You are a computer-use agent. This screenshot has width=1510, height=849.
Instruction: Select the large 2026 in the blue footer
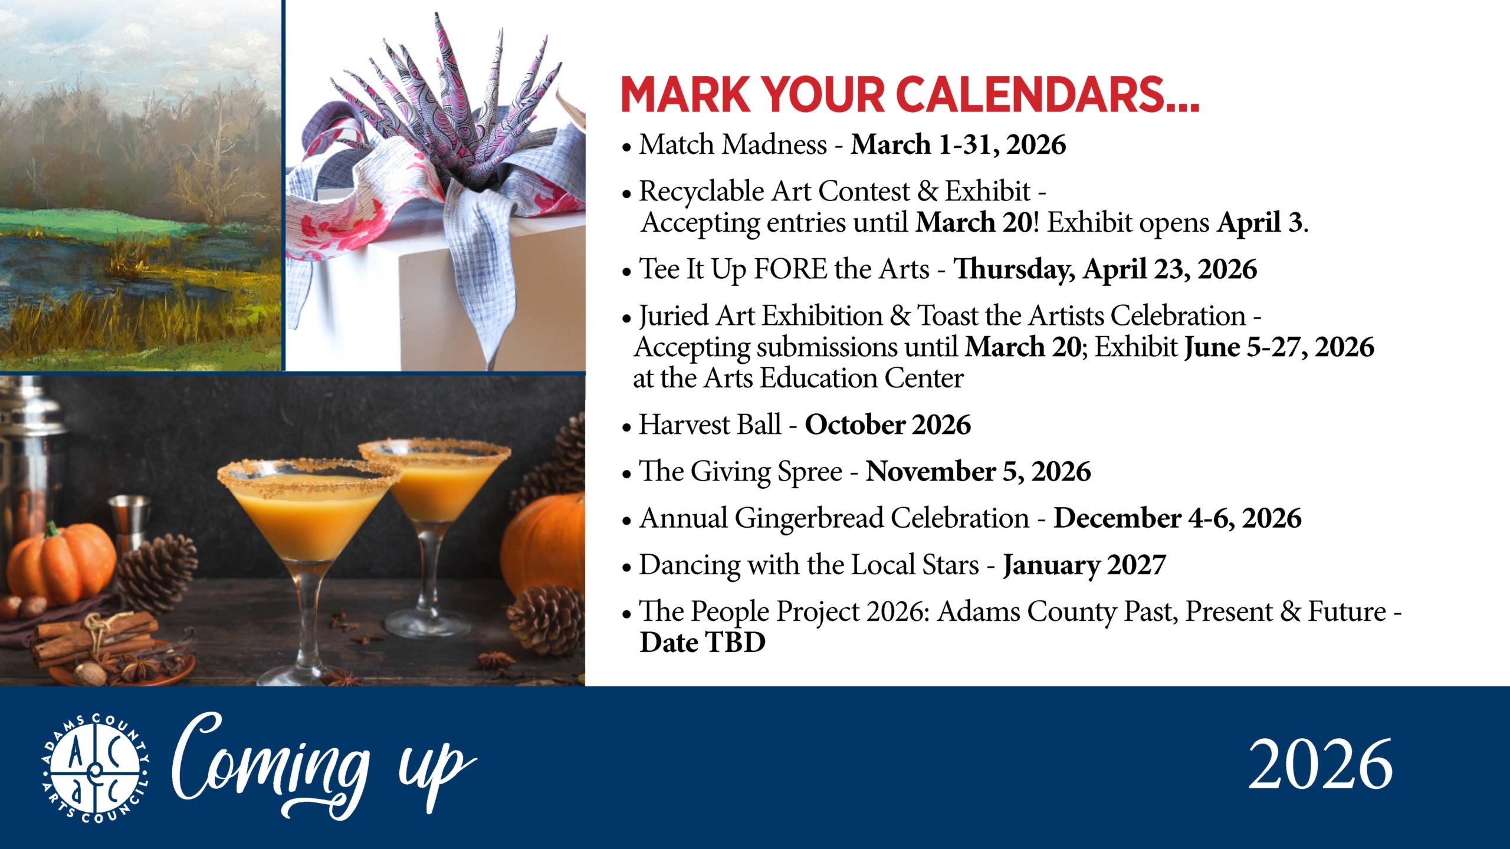[x=1321, y=765]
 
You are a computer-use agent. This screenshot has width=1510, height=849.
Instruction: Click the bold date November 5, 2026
[x=978, y=472]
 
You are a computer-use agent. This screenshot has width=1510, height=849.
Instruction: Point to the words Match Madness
[x=733, y=144]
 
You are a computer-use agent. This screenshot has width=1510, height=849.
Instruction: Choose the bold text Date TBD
[x=702, y=642]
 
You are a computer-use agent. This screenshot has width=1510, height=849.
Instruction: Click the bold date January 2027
[x=1084, y=565]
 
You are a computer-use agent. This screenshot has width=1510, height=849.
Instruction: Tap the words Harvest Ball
[x=710, y=424]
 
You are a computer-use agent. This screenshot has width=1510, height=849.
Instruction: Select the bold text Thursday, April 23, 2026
[x=1105, y=269]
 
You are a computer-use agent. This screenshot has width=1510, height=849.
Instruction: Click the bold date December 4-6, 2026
[x=1177, y=518]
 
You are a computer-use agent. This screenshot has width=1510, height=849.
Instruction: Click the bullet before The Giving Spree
[x=626, y=474]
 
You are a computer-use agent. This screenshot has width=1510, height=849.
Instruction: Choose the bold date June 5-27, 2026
[x=1279, y=347]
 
